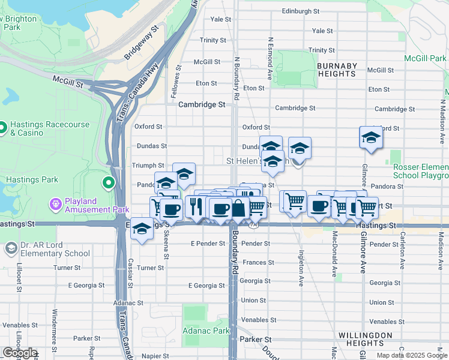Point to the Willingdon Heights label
point(365,340)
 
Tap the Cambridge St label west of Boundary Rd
point(202,104)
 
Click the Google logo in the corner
point(20,353)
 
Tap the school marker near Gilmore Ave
point(371,138)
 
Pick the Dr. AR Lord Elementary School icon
point(11,248)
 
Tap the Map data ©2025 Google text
point(412,355)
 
